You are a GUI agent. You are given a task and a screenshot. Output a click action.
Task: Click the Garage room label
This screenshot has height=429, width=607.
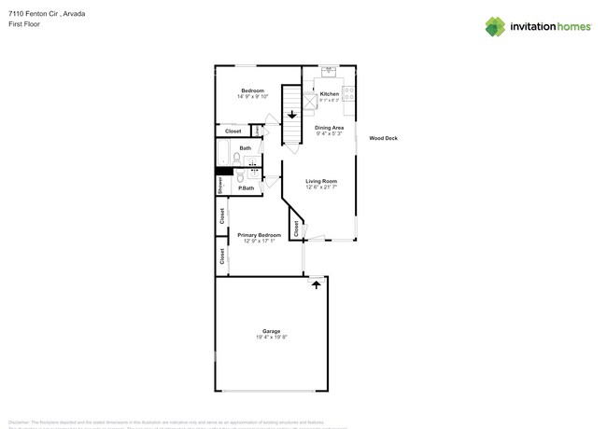pyautogui.click(x=271, y=331)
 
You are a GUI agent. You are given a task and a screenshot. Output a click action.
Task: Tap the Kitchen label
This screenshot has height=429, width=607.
pyautogui.click(x=330, y=94)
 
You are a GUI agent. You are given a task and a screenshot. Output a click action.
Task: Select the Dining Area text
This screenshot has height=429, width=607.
pyautogui.click(x=329, y=128)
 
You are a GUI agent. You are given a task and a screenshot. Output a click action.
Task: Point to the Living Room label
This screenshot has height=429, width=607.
pyautogui.click(x=321, y=181)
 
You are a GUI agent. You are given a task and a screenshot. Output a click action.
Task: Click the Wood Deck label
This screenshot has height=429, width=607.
pyautogui.click(x=383, y=138)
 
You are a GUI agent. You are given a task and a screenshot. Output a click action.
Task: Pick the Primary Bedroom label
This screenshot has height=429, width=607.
pyautogui.click(x=259, y=235)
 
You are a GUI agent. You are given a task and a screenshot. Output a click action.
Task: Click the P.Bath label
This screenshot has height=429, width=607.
pyautogui.click(x=247, y=188)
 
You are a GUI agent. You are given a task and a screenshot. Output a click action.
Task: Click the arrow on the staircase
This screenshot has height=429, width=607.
pyautogui.click(x=291, y=115)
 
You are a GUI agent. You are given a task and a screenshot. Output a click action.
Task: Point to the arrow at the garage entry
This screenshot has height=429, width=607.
pyautogui.click(x=317, y=284)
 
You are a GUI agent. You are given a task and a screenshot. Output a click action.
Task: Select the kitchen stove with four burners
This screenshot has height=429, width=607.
pyautogui.click(x=349, y=92)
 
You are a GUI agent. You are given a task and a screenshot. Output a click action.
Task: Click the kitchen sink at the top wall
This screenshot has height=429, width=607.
pyautogui.click(x=329, y=71)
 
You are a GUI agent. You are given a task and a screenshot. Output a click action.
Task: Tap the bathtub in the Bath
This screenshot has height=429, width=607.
pyautogui.click(x=224, y=152)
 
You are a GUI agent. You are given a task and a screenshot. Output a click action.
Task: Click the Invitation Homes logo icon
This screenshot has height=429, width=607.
pyautogui.click(x=495, y=26)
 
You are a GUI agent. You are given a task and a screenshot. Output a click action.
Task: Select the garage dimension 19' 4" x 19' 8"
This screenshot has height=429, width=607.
pyautogui.click(x=271, y=338)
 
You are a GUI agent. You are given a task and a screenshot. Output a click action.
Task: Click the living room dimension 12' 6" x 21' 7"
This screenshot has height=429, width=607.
pyautogui.click(x=321, y=187)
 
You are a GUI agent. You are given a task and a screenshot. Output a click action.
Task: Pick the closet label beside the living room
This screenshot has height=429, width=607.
pyautogui.click(x=296, y=228)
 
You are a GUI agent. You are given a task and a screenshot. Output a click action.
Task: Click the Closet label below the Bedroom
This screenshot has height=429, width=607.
pyautogui.click(x=233, y=131)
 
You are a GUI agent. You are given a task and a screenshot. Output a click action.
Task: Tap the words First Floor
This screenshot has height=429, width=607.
pyautogui.click(x=24, y=24)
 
